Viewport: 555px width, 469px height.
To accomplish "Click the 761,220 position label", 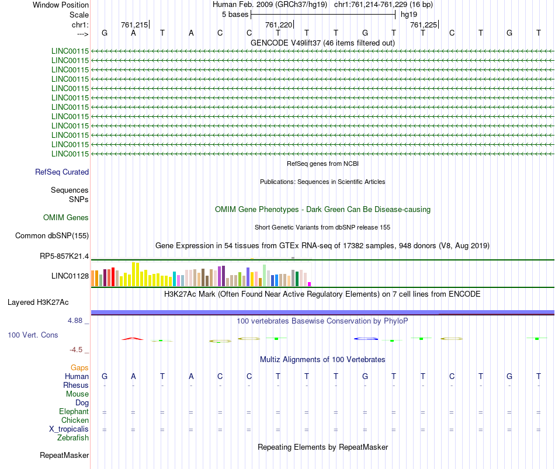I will (278, 25).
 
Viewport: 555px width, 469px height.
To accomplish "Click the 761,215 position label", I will (134, 25).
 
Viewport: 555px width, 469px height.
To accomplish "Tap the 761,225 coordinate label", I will (423, 25).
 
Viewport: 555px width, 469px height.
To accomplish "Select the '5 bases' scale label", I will (235, 14).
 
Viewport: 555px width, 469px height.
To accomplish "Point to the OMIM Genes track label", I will (66, 217).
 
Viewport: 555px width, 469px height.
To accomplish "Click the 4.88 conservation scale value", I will (76, 321).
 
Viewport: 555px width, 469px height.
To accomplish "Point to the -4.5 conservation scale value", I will (77, 350).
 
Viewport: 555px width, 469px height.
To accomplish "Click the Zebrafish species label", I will (73, 438).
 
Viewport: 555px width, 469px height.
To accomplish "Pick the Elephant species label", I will (74, 412).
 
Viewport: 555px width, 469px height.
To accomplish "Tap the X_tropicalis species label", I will (69, 429).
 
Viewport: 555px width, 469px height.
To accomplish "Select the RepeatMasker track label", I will (64, 455).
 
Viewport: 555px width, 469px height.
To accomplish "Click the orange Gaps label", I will (79, 368).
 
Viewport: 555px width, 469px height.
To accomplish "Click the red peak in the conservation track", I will (133, 338).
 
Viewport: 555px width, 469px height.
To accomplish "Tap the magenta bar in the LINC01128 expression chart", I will (310, 284).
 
